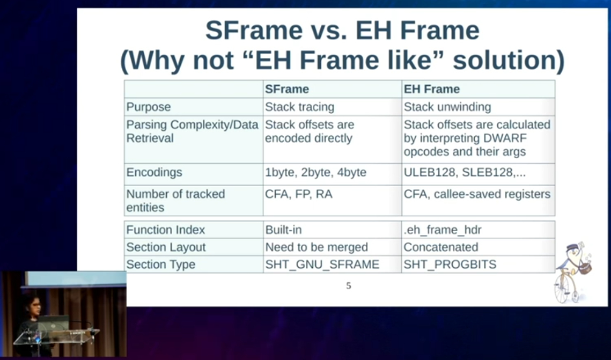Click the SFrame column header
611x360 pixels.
click(287, 89)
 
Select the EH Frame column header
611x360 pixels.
click(431, 89)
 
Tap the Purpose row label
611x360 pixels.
click(149, 107)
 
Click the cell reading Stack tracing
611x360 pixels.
click(299, 107)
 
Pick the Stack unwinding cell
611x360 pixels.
click(447, 107)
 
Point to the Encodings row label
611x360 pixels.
click(154, 172)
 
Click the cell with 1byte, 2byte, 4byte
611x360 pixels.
click(315, 172)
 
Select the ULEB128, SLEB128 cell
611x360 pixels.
click(465, 172)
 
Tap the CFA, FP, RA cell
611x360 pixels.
click(298, 194)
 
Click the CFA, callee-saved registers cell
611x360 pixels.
click(477, 194)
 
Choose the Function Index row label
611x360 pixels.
click(166, 230)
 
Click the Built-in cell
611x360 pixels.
click(283, 230)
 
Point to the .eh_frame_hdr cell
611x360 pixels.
click(442, 230)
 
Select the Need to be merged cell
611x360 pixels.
click(316, 247)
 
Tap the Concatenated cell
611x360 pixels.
click(441, 247)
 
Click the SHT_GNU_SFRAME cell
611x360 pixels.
click(322, 265)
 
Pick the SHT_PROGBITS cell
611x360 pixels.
click(450, 265)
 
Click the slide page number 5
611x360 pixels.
click(349, 286)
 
